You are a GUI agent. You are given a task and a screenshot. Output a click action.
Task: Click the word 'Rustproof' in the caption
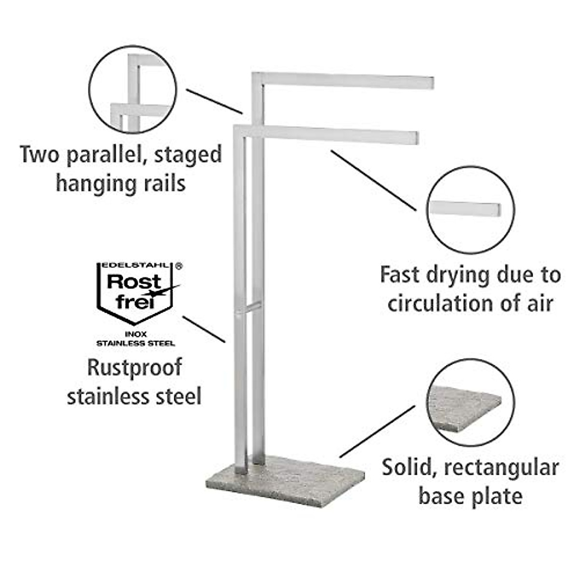[135, 368]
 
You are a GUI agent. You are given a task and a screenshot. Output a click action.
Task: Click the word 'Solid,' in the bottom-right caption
[407, 468]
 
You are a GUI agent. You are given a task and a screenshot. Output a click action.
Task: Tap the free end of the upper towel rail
[427, 83]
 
